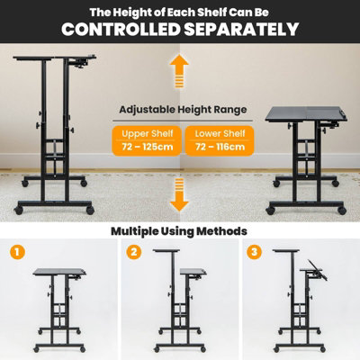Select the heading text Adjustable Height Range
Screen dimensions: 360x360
(x=180, y=109)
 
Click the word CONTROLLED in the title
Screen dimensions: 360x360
(x=117, y=30)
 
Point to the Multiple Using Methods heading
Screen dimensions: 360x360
(x=180, y=230)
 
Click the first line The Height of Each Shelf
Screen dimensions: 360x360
(x=180, y=11)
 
